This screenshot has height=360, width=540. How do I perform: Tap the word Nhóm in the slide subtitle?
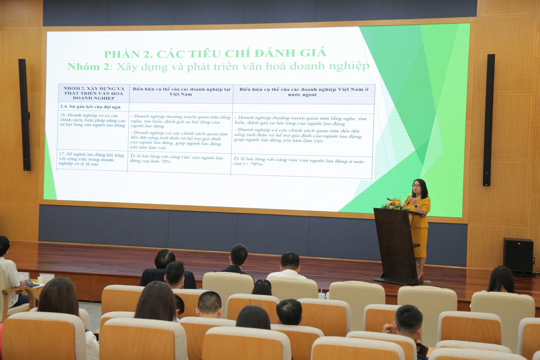tap(83, 67)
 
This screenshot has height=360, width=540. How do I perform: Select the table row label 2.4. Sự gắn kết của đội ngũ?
tap(90, 107)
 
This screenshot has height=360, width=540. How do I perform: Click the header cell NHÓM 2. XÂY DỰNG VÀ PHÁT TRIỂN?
tap(94, 93)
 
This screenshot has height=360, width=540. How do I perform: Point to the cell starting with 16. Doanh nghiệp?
tap(93, 120)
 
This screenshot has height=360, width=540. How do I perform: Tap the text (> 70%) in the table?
tap(253, 164)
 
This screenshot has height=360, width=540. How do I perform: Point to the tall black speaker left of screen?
tap(24, 114)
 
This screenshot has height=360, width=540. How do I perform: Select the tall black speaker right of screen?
tap(489, 120)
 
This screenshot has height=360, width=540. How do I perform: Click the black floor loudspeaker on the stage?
tap(518, 256)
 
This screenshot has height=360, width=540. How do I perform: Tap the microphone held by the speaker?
tap(411, 197)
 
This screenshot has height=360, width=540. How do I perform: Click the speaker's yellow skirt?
tap(420, 242)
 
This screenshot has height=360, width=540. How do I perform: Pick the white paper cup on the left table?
tap(40, 280)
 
